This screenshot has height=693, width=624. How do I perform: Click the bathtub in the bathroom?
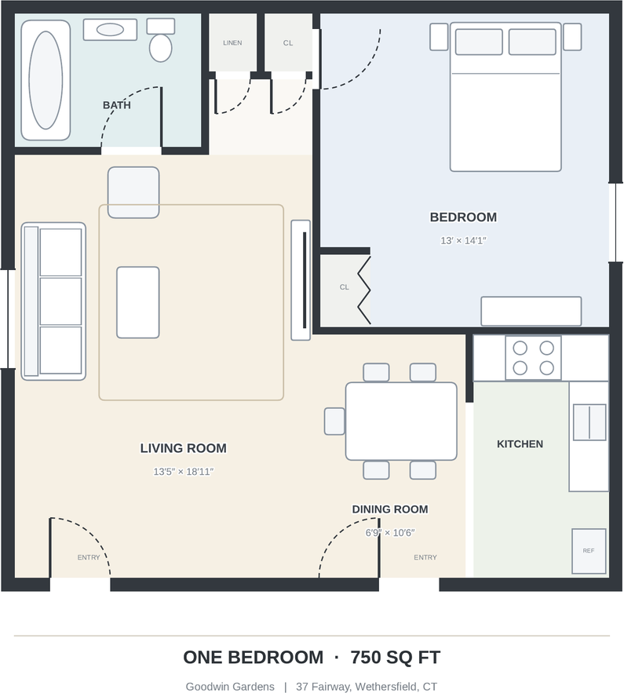(46, 80)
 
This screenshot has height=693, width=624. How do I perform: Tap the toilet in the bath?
(160, 40)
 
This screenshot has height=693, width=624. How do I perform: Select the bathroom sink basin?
(110, 30)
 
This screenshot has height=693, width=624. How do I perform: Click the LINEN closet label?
(232, 43)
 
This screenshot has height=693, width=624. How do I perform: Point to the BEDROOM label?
(463, 217)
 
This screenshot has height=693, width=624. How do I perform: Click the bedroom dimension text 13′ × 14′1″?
(463, 240)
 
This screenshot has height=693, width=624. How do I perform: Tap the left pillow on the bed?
(479, 42)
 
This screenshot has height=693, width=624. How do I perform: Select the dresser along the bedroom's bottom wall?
(531, 311)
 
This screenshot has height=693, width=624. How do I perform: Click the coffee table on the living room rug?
(138, 302)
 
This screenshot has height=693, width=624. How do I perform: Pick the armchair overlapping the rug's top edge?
(133, 192)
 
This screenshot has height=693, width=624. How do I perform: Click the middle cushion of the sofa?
(60, 301)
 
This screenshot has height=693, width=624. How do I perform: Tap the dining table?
(401, 421)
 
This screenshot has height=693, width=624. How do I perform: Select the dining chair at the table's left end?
(334, 421)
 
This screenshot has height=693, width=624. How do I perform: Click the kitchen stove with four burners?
(534, 358)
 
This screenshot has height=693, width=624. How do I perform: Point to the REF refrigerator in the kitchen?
(589, 551)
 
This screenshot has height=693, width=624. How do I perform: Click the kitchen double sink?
(589, 422)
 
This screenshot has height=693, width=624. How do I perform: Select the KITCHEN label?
(520, 443)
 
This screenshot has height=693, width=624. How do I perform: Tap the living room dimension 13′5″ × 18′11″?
(184, 472)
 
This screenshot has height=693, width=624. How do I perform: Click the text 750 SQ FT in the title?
(396, 657)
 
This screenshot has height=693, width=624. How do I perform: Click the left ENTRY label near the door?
(89, 557)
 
